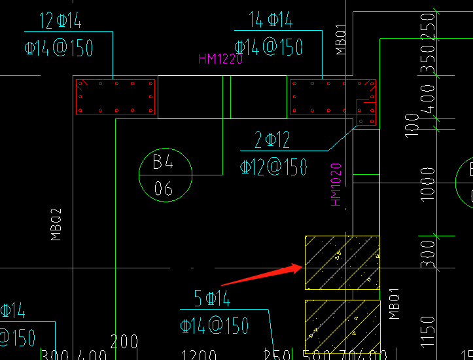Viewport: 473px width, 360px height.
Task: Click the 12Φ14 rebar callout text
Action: click(60, 22)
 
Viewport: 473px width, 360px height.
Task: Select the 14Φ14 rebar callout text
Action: click(271, 20)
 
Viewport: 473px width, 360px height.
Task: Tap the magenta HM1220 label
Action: click(220, 59)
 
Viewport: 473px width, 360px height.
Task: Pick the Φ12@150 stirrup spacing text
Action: click(274, 167)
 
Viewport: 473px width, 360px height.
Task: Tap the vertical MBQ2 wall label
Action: click(56, 225)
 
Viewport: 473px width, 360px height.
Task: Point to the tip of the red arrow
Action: click(302, 265)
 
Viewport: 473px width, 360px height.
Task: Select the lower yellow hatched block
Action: click(342, 329)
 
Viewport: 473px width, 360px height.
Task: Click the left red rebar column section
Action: click(116, 98)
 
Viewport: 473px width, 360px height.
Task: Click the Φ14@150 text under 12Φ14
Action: click(59, 48)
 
